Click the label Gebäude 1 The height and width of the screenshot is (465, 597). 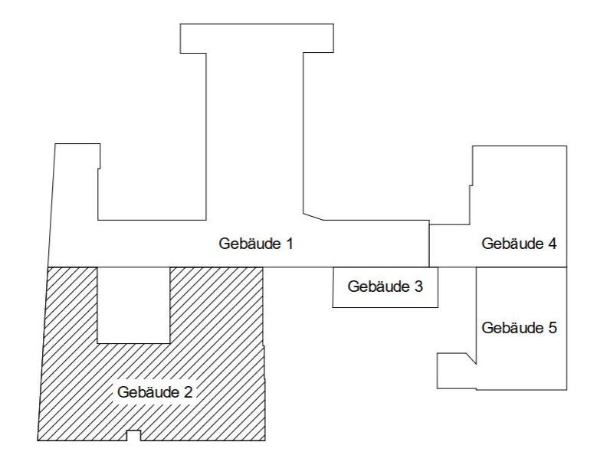click(x=256, y=244)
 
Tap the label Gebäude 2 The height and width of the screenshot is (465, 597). click(x=155, y=392)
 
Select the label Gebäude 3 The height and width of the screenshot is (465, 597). click(x=385, y=287)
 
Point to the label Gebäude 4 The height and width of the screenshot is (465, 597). click(x=519, y=244)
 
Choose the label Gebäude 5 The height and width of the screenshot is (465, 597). click(x=519, y=328)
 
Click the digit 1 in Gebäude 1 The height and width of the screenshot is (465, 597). click(x=289, y=244)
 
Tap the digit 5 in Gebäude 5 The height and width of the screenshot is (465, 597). click(x=552, y=328)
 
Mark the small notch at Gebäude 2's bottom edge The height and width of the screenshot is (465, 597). click(x=133, y=435)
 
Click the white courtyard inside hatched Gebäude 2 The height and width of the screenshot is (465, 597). click(x=133, y=305)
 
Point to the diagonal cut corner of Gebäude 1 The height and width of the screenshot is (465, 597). click(x=313, y=217)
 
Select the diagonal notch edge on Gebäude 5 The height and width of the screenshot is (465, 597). click(x=471, y=359)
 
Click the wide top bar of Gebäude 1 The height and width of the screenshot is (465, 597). click(x=257, y=38)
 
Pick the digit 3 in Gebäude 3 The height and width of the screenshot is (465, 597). click(x=418, y=287)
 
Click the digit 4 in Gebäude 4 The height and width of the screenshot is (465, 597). click(x=552, y=244)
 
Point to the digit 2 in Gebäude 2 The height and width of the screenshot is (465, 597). click(x=188, y=392)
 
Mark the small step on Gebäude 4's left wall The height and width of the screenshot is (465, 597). click(x=471, y=185)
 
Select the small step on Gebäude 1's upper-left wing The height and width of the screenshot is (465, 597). click(x=99, y=169)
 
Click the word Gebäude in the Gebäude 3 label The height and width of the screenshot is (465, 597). click(x=378, y=287)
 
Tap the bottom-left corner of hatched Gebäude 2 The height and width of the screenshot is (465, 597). click(x=38, y=440)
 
